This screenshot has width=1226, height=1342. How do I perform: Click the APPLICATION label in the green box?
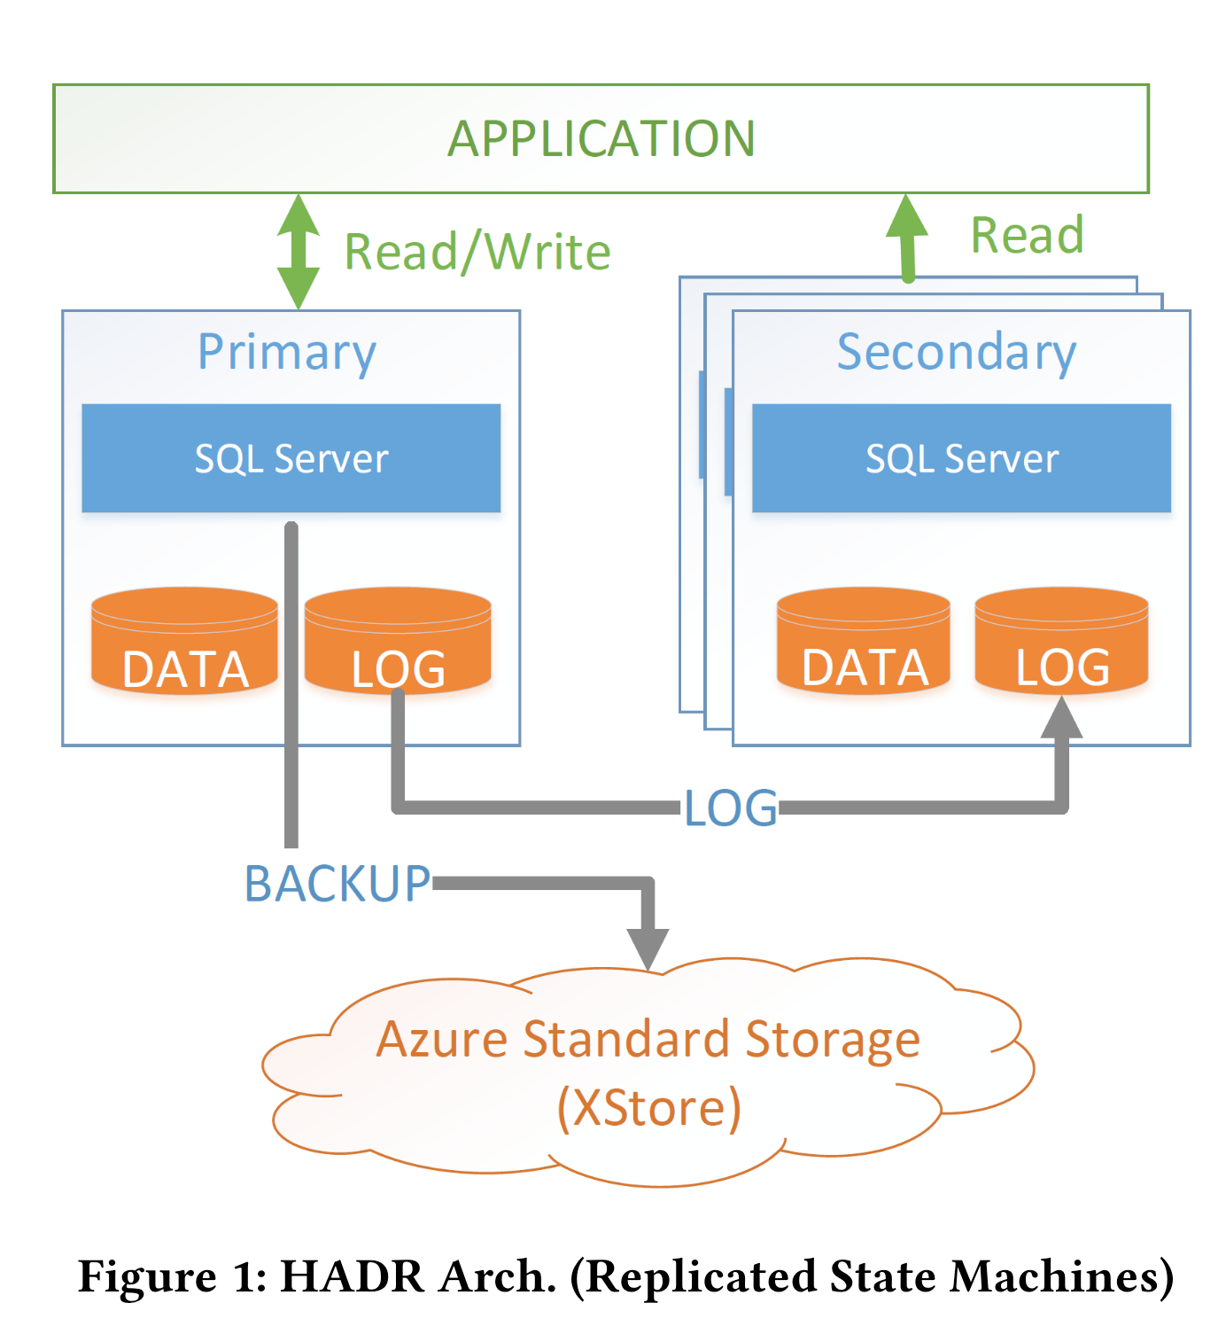pyautogui.click(x=601, y=139)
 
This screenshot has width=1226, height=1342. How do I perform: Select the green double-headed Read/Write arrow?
pyautogui.click(x=299, y=252)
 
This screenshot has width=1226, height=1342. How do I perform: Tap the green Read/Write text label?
pyautogui.click(x=477, y=252)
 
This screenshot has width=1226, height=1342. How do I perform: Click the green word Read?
pyautogui.click(x=1027, y=236)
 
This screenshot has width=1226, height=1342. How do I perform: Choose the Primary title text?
pyautogui.click(x=287, y=352)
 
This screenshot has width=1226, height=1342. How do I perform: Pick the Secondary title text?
pyautogui.click(x=957, y=352)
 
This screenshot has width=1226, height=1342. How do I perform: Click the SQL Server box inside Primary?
pyautogui.click(x=291, y=458)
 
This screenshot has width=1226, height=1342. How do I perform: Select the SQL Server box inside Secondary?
pyautogui.click(x=961, y=458)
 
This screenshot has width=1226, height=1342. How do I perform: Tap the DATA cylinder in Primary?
pyautogui.click(x=184, y=641)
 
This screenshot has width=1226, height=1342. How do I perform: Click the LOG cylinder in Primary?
pyautogui.click(x=398, y=641)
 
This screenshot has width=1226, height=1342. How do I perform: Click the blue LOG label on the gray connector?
pyautogui.click(x=731, y=808)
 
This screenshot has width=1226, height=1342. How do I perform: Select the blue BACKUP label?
pyautogui.click(x=338, y=884)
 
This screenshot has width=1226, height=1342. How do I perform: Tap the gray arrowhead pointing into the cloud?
pyautogui.click(x=648, y=948)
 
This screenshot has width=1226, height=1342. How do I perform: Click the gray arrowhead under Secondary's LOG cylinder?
pyautogui.click(x=1061, y=718)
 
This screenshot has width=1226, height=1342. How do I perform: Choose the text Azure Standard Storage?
pyautogui.click(x=648, y=1039)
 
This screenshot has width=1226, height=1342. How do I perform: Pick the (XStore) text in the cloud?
pyautogui.click(x=649, y=1108)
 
